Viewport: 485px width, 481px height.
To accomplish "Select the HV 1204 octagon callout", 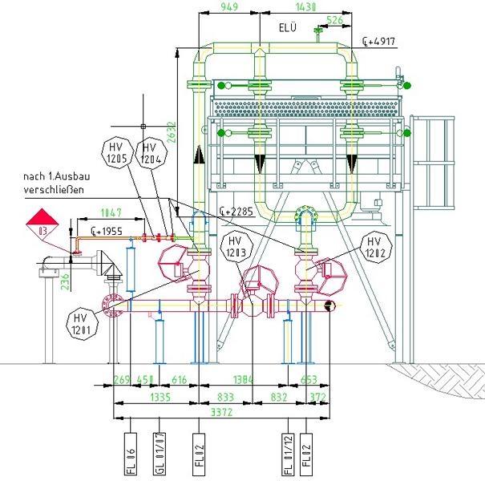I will coord(150,151).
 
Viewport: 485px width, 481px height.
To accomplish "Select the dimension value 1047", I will coord(111,213).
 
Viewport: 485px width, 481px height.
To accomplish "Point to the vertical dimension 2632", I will coord(184,129).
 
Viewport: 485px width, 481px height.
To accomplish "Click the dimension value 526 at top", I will coord(336,19).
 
